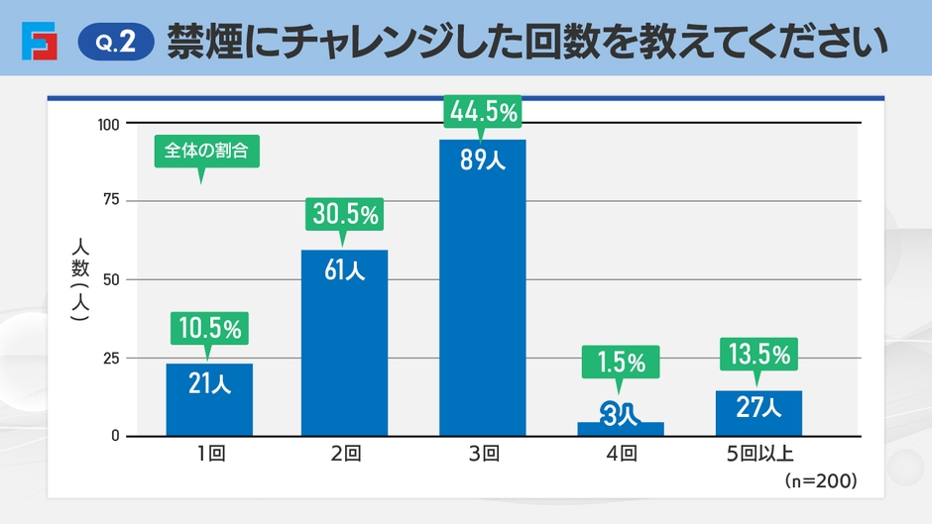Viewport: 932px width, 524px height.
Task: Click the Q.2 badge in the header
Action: tap(116, 43)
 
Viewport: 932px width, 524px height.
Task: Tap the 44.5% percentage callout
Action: tap(483, 113)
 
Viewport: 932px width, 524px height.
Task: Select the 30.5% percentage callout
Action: tap(346, 213)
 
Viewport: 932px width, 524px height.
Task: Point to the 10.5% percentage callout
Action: tap(209, 328)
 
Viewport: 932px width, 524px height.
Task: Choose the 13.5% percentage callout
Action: tap(758, 354)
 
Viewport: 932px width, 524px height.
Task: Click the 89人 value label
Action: tap(483, 159)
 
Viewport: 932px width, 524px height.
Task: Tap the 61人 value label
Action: tap(345, 269)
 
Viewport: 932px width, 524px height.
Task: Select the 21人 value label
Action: tap(209, 383)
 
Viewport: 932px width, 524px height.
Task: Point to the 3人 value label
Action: tap(621, 415)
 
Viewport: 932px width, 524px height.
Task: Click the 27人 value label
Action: tap(758, 406)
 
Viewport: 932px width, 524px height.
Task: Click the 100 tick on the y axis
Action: tap(108, 124)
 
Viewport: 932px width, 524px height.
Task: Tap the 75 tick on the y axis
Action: tap(111, 201)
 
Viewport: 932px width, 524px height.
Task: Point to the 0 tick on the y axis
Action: tap(115, 436)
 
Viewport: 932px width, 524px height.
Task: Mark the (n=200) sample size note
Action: tap(819, 480)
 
